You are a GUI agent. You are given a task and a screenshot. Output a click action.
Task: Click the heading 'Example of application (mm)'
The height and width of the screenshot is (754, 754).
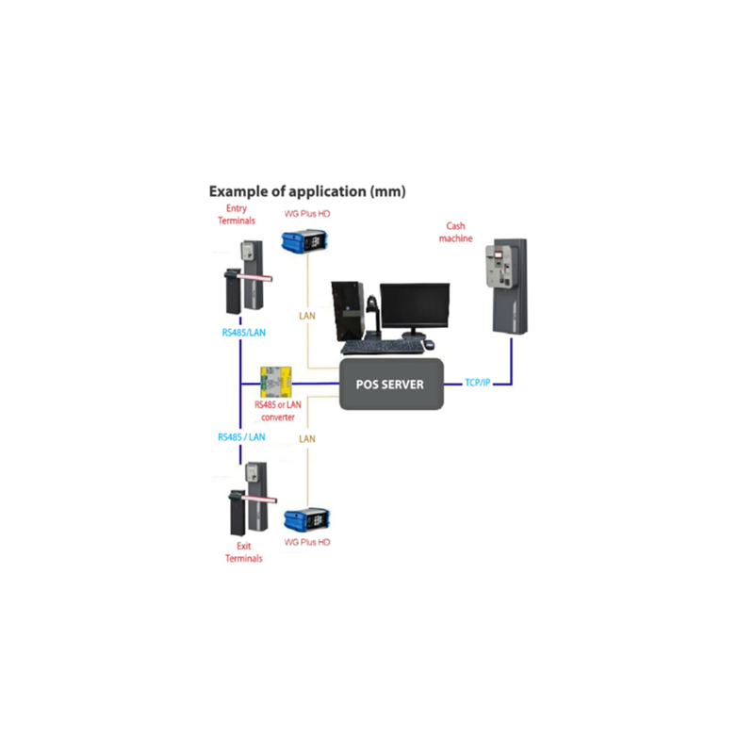[307, 191]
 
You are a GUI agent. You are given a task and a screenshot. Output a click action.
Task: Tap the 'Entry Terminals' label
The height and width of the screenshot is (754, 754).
[236, 214]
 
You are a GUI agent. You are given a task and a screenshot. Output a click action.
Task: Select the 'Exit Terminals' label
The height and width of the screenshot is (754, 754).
[243, 551]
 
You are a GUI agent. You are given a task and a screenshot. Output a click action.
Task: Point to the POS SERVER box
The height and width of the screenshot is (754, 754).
[391, 384]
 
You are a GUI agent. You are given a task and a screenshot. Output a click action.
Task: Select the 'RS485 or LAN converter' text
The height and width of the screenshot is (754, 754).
[275, 410]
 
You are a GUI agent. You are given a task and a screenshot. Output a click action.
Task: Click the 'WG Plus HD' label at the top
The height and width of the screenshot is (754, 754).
[307, 214]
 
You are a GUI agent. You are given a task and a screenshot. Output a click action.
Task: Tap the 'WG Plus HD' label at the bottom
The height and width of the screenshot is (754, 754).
[307, 543]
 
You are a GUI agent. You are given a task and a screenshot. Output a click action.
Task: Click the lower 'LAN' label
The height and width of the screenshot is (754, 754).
[307, 439]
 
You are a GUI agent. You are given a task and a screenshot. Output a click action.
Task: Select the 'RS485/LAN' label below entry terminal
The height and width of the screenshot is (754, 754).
[241, 332]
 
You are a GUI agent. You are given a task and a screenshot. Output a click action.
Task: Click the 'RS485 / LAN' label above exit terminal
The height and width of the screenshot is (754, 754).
[241, 437]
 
